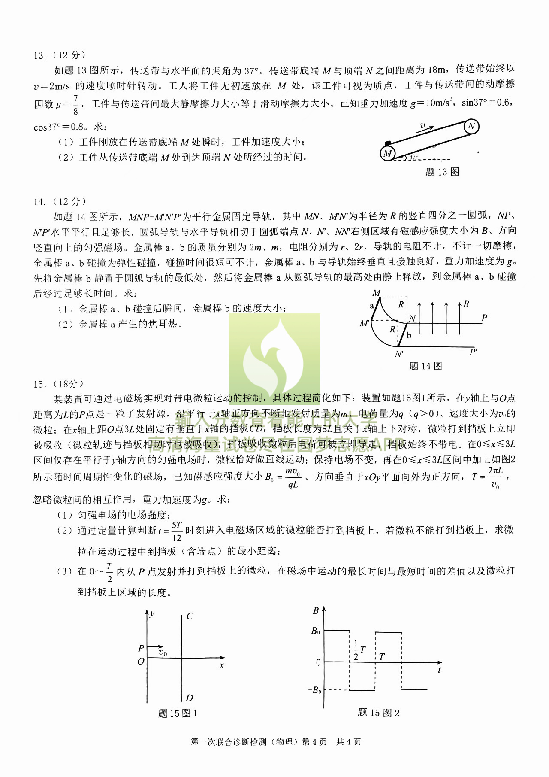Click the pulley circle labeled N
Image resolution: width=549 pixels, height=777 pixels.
point(471,126)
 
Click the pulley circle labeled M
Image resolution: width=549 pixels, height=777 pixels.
point(388,153)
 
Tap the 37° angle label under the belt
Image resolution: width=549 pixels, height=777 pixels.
point(413,158)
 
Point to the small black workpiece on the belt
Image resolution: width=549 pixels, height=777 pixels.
point(388,143)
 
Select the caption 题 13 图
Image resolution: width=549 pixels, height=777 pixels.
point(442,172)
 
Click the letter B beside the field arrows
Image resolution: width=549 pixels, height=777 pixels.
point(466,304)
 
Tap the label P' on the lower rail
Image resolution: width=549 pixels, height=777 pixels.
point(473,352)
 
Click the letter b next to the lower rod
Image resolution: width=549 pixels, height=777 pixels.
point(409,336)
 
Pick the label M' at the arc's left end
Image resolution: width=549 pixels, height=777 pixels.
point(364,323)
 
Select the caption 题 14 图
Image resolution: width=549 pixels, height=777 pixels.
point(425,366)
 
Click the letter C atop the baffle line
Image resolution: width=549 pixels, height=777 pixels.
point(190,616)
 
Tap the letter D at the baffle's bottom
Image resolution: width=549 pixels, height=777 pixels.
point(189,698)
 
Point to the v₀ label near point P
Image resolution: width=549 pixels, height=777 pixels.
point(163,653)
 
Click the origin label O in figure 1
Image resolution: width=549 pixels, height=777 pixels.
point(141,662)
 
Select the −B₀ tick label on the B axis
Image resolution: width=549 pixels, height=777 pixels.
point(314,690)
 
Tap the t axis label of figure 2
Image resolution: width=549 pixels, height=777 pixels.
point(440,670)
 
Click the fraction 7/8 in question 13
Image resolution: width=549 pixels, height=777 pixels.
point(75,105)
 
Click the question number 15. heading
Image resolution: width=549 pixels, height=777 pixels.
point(39,384)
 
